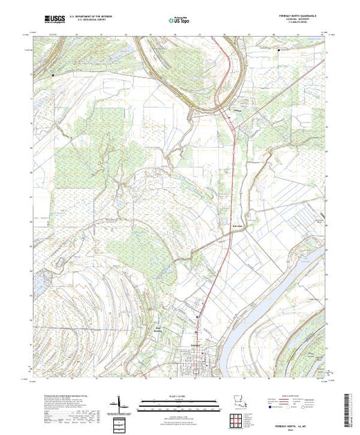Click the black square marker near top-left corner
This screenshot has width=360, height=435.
(53, 74)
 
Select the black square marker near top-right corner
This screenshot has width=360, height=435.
(278, 50)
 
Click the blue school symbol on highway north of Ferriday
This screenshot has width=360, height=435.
(198, 317)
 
